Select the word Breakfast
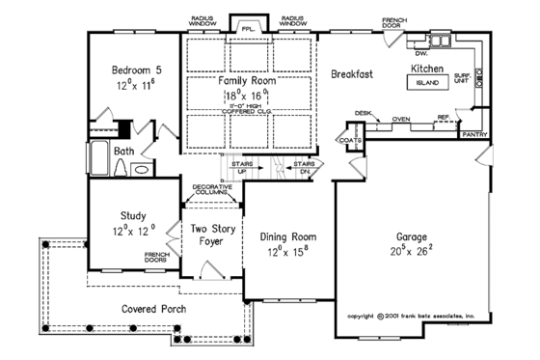click(x=353, y=73)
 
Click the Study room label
click(x=133, y=217)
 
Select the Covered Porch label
click(x=154, y=309)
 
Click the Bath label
click(x=123, y=152)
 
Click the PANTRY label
click(x=473, y=135)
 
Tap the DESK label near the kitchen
click(x=363, y=113)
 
